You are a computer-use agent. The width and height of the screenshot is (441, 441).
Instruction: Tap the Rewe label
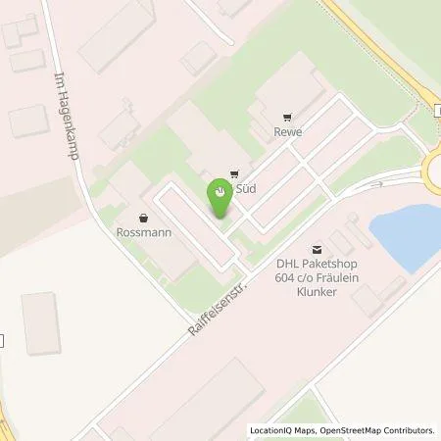pos(288,132)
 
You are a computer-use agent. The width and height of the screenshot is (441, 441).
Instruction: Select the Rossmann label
pos(144,233)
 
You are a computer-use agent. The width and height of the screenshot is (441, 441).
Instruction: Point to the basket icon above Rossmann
pos(144,217)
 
